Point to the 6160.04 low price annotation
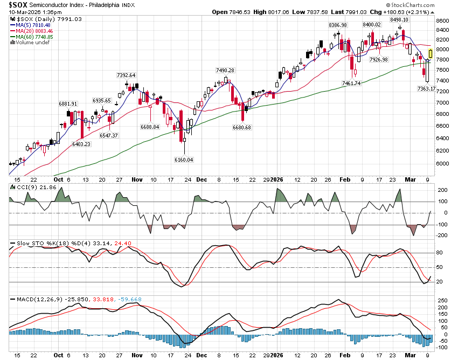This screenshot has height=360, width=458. (183, 160)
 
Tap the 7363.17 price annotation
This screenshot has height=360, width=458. (426, 88)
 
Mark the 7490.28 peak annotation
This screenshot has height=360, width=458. (225, 70)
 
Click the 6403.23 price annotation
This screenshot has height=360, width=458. (82, 144)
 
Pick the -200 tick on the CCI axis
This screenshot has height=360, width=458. (442, 235)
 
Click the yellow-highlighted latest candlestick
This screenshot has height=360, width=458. (431, 53)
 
